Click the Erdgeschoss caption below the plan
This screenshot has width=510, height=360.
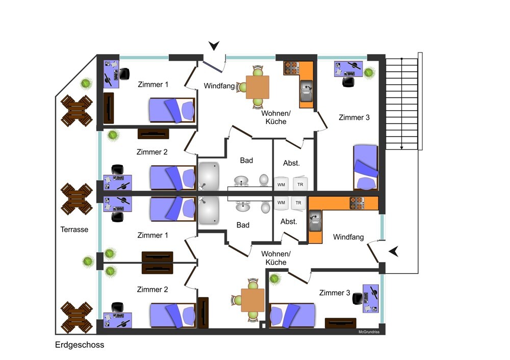80,345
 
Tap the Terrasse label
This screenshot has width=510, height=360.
74,229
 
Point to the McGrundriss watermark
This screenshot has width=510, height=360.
369,332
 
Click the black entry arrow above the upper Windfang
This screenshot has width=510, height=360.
214,45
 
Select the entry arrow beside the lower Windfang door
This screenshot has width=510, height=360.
394,251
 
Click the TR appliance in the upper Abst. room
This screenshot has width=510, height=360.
300,184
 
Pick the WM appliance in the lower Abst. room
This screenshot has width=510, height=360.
282,202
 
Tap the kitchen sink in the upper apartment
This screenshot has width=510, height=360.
306,91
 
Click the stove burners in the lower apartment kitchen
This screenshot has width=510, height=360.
356,202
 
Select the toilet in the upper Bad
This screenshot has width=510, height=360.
264,180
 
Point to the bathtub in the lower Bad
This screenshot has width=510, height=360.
209,211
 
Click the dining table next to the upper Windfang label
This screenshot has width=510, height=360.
257,87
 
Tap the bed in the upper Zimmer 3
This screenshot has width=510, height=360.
366,167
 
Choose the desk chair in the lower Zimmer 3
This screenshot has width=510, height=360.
358,298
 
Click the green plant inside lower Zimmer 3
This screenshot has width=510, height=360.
275,279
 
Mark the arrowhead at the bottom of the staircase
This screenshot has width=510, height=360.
402,148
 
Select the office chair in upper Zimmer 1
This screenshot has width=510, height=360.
124,74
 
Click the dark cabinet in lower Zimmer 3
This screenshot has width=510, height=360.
341,323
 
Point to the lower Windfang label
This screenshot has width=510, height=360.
348,237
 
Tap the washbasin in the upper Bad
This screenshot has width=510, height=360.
241,181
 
